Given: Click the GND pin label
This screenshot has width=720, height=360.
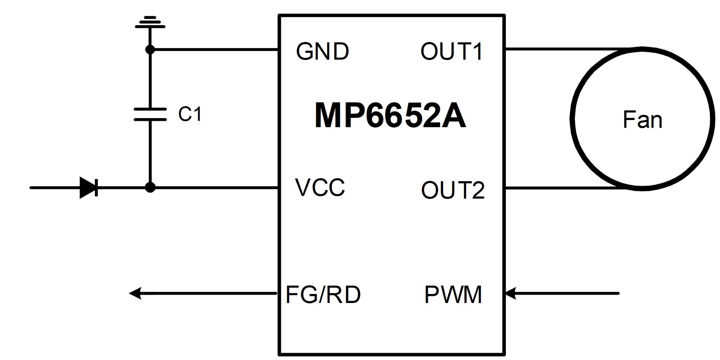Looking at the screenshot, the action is [322, 51].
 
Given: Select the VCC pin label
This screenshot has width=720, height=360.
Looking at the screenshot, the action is [320, 187].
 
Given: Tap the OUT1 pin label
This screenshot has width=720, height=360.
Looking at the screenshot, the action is [451, 51].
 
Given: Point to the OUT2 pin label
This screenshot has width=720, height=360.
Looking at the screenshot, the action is [453, 190].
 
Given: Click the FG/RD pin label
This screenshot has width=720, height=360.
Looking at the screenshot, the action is [323, 294].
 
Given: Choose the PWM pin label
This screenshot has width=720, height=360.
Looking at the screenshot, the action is [453, 294].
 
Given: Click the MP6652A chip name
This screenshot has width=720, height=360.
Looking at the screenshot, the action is [390, 115].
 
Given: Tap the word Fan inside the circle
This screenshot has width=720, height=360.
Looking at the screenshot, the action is [642, 120].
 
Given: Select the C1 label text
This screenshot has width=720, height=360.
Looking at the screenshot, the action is [190, 114].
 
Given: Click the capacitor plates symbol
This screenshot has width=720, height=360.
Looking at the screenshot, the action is [150, 114].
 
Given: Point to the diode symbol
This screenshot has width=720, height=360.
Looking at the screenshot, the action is [89, 187].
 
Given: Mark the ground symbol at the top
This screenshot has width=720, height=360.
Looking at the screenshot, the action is [150, 22].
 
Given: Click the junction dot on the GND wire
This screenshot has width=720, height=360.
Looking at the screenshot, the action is [150, 49].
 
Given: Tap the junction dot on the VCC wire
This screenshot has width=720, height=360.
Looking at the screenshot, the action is [150, 187].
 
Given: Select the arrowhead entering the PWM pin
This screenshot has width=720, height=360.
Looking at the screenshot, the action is [511, 293].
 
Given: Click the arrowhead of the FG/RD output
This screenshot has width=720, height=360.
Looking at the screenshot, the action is [135, 293].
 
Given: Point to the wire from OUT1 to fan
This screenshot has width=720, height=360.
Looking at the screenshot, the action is [574, 49].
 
